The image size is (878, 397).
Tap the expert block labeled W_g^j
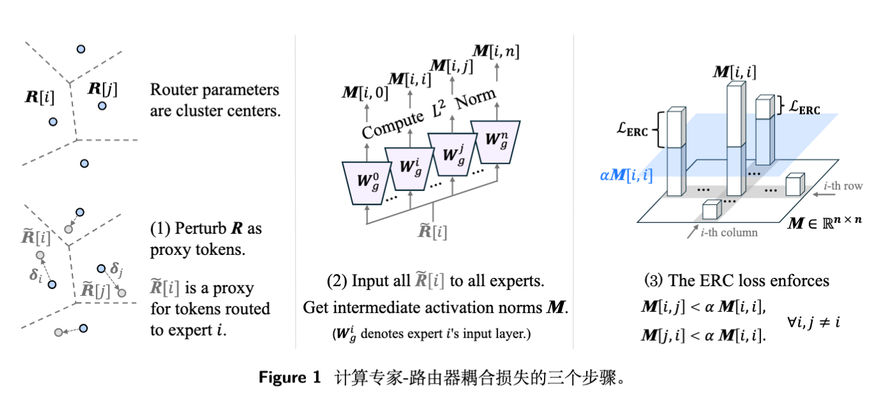451,154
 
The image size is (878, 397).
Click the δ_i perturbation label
35,275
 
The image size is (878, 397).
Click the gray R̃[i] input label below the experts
433,231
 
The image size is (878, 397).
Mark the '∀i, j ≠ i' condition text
814,322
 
